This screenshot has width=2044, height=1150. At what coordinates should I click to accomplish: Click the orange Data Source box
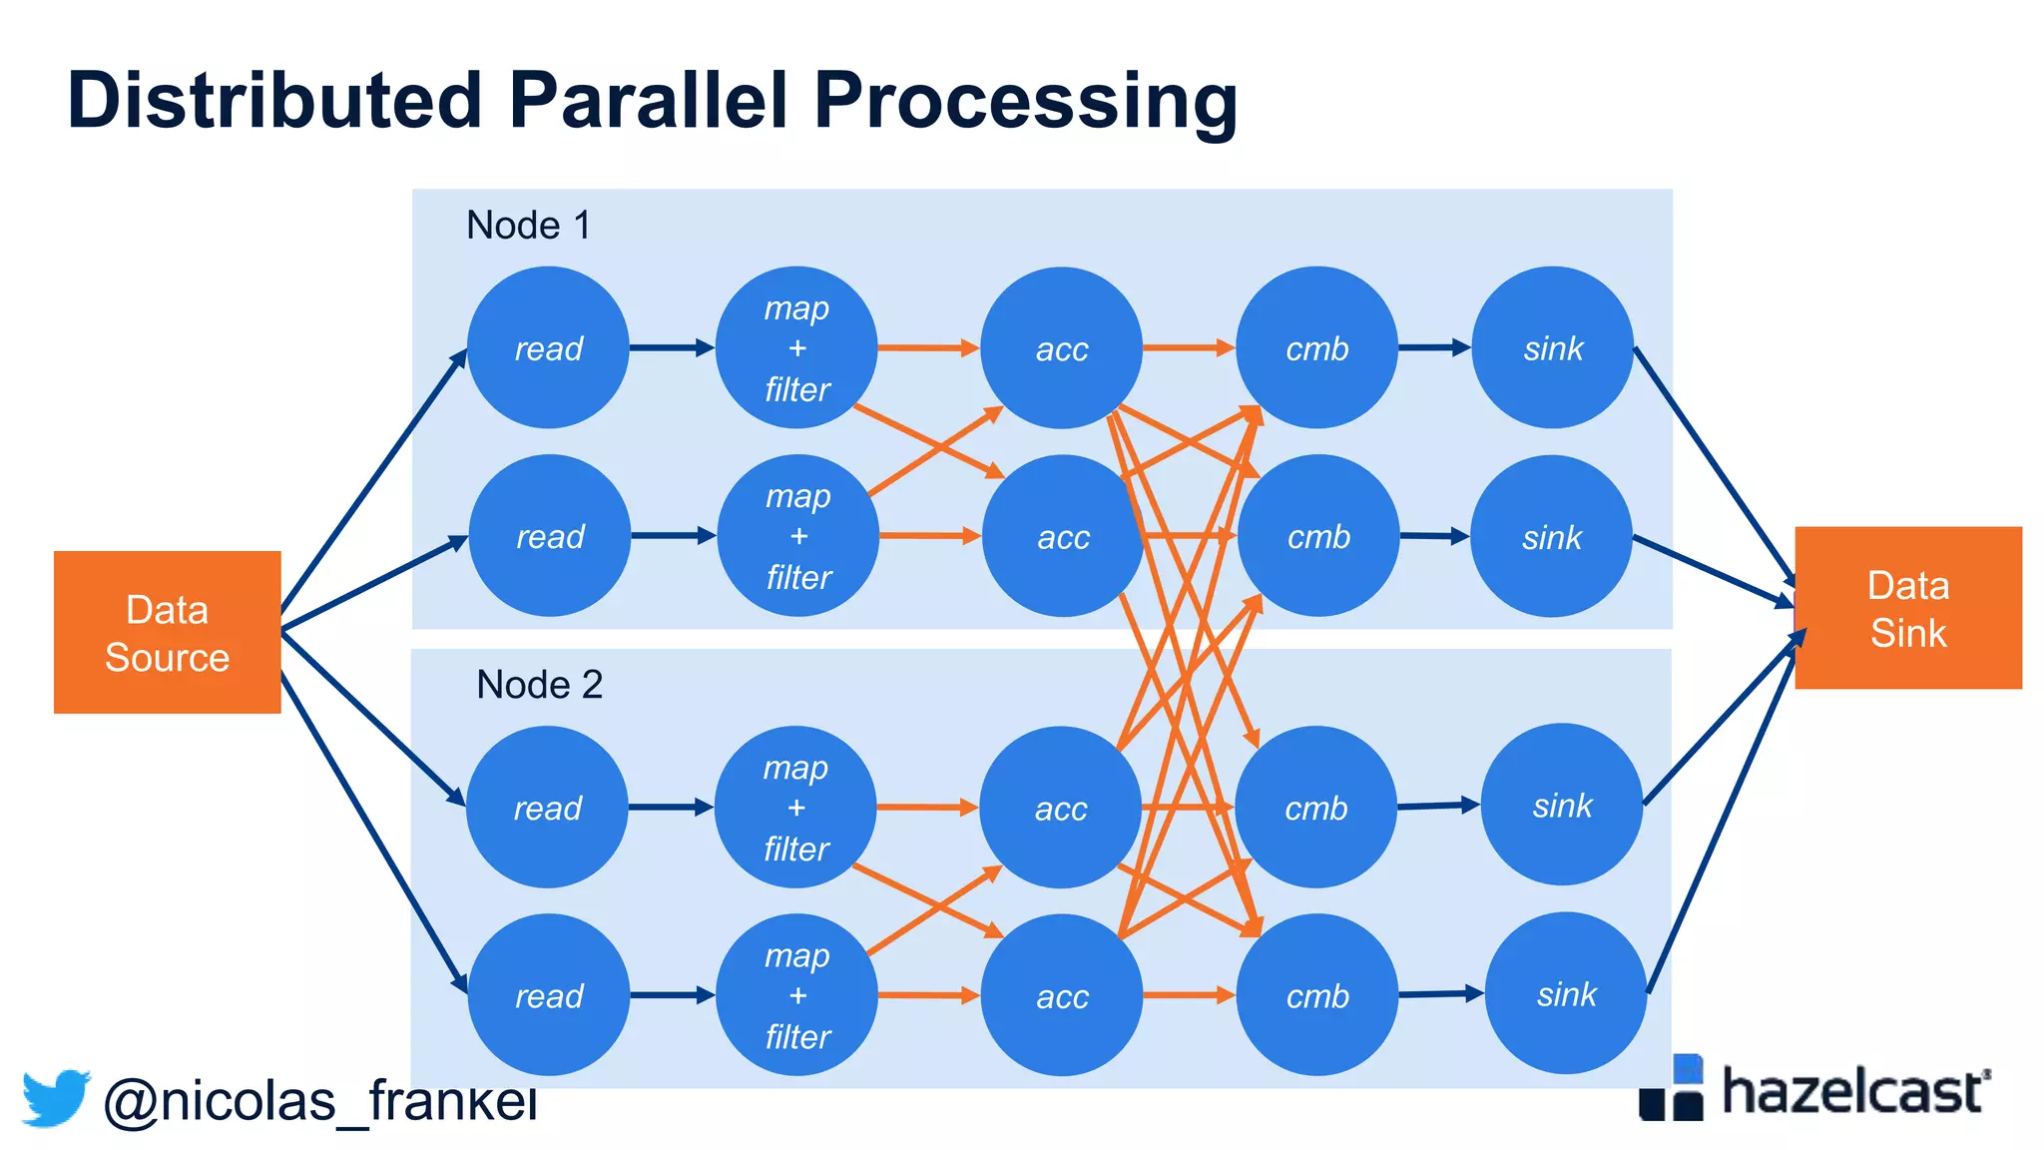[167, 632]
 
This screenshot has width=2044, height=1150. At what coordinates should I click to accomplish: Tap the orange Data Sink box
[1907, 608]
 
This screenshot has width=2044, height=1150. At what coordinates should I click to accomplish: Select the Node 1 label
[528, 226]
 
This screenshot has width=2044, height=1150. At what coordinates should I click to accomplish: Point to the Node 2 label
[539, 685]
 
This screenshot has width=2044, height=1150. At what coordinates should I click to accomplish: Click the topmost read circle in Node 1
[548, 347]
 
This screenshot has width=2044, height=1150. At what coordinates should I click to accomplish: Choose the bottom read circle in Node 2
[548, 994]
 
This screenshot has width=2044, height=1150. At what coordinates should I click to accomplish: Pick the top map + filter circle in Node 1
[796, 347]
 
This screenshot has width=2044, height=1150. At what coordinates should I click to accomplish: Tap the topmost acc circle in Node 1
[1061, 347]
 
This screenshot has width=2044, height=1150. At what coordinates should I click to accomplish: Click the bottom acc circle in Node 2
[1061, 994]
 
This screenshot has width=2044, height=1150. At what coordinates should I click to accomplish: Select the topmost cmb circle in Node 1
[1316, 347]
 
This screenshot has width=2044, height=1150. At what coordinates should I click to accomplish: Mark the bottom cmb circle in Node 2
[1316, 994]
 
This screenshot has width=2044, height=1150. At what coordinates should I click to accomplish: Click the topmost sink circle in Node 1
[1552, 347]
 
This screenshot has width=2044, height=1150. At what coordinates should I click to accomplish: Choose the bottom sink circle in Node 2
[1565, 993]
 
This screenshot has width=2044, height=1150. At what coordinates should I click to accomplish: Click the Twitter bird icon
[56, 1098]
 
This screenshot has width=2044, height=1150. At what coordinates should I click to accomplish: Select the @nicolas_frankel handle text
[319, 1102]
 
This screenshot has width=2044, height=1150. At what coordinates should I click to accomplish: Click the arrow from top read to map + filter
[671, 347]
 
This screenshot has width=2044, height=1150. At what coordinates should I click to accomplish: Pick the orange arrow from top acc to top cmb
[1188, 347]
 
